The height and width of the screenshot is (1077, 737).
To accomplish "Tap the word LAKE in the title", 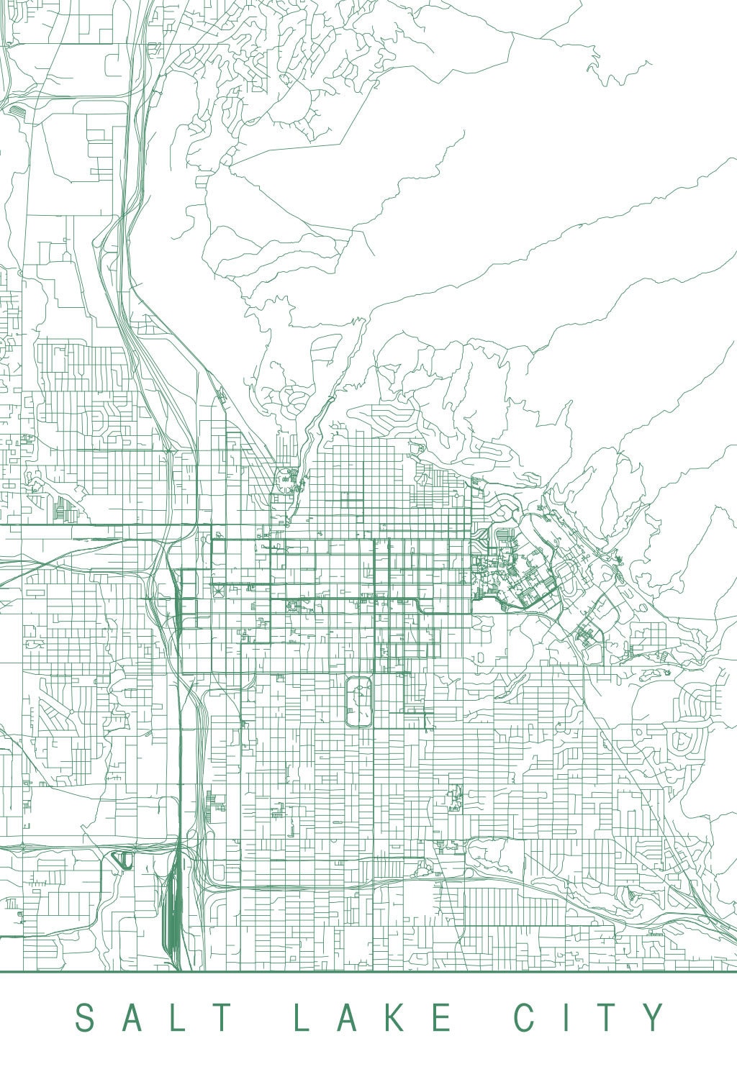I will pos(373,1018).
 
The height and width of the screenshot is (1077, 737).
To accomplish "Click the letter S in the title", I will pos(86,1018).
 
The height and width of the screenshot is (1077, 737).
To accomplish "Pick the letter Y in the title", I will pos(654,1018).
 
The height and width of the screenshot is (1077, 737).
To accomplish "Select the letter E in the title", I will pos(444,1018).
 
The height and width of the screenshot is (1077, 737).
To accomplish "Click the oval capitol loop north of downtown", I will pos(287,478).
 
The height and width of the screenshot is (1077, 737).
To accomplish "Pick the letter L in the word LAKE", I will pos(303,1018).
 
